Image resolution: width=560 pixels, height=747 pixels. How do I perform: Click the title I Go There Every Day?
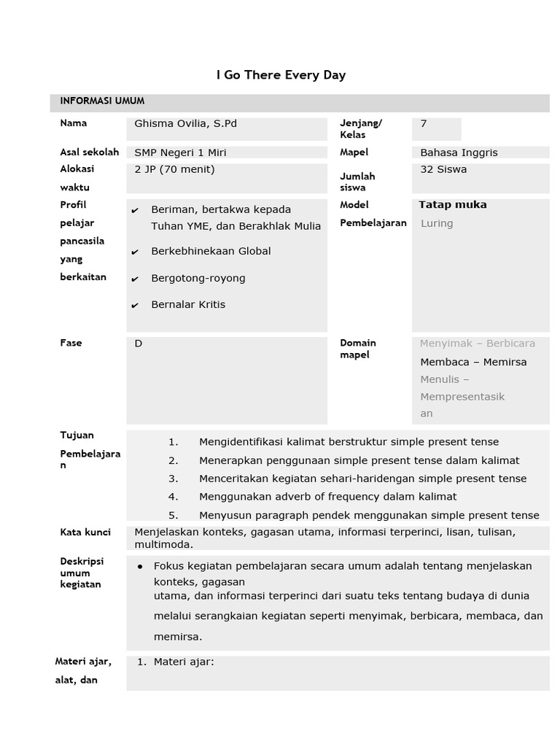coord(281,75)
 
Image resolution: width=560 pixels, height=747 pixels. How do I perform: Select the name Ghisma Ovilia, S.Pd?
coord(185,124)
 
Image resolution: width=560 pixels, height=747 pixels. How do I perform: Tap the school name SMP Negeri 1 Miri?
coord(180,152)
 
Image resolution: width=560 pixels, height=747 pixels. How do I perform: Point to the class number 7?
coord(424,124)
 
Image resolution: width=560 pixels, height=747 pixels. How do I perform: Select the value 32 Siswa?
coord(443,169)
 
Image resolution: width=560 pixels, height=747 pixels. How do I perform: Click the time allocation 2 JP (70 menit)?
coord(174,169)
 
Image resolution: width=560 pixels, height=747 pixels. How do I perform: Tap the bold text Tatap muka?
coord(452,205)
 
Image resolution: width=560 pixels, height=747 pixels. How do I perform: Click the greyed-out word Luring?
coord(437,223)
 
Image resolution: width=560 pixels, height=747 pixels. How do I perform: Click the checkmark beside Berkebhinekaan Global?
coord(135,252)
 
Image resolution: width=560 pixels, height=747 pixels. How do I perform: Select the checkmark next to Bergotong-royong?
coord(135,279)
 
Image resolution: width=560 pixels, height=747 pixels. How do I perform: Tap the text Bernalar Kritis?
coord(188,305)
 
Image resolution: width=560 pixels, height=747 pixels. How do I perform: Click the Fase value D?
coord(139,343)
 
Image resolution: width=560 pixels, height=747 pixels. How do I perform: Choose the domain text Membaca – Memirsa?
coord(473,362)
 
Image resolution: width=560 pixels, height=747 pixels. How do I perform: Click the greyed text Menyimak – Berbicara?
coord(477,343)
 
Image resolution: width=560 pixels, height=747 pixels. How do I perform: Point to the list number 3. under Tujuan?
coord(173,479)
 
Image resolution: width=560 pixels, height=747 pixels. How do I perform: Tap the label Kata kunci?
coord(85,533)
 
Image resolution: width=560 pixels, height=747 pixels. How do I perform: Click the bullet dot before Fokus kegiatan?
coord(139,567)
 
